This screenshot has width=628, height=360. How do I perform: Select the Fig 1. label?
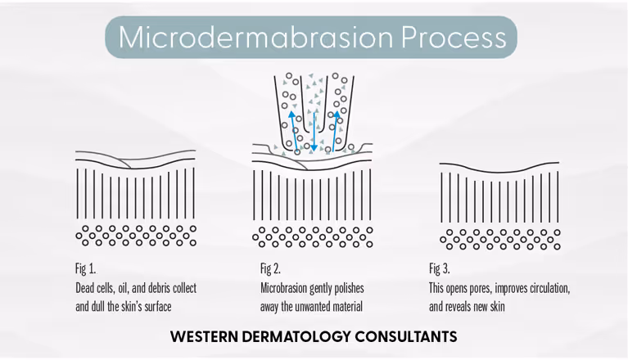tap(86, 268)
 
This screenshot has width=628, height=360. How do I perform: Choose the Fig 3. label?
tap(440, 268)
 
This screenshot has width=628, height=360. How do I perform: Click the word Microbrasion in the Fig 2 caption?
tap(288, 289)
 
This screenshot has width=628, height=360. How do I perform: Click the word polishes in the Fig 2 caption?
tap(347, 289)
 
